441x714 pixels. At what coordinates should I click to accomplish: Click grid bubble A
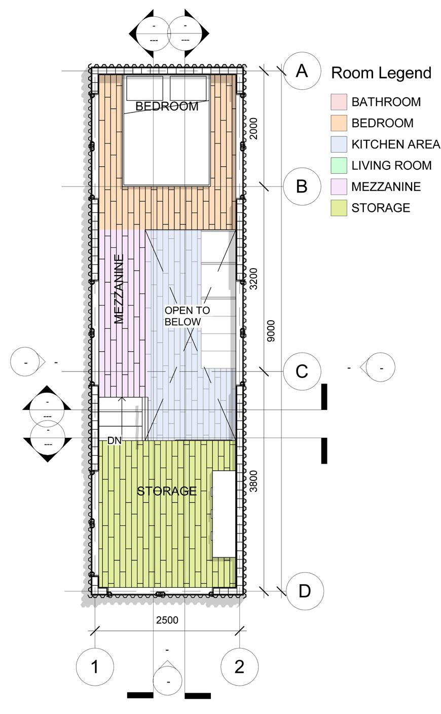(x=302, y=71)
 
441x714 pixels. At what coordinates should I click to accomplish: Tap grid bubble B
(x=302, y=186)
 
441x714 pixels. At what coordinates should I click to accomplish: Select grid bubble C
(x=302, y=371)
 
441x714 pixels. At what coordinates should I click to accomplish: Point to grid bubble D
(x=305, y=591)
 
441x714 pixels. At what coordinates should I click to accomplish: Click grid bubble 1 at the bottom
(x=95, y=666)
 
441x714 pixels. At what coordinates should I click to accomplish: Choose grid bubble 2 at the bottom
(x=240, y=666)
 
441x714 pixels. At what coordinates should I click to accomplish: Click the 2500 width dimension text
(x=167, y=620)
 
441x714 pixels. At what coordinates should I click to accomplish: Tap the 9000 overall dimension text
(x=271, y=331)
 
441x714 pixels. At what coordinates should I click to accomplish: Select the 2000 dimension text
(x=254, y=129)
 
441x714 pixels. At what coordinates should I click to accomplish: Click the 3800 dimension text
(x=254, y=481)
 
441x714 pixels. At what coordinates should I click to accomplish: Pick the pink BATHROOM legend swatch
(x=338, y=102)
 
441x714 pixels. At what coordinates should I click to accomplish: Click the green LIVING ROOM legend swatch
(x=338, y=165)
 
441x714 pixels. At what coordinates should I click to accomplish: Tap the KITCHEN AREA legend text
(x=395, y=144)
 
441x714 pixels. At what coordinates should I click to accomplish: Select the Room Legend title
(x=381, y=73)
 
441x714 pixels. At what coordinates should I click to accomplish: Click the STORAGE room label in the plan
(x=167, y=491)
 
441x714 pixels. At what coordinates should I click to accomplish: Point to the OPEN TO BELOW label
(x=187, y=316)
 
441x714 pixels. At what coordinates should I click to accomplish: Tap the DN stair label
(x=115, y=441)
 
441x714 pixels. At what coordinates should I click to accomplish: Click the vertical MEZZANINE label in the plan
(x=120, y=289)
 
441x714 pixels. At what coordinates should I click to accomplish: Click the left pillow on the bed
(x=144, y=88)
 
